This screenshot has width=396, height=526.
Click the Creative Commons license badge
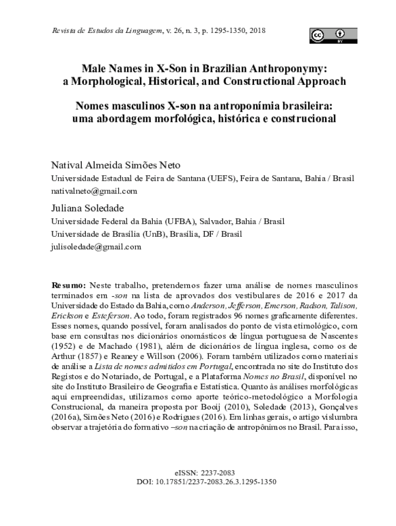(x=333, y=35)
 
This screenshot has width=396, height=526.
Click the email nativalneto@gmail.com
(x=94, y=191)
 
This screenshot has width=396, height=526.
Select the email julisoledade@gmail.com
(x=96, y=247)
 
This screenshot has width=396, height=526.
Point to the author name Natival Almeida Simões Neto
(x=116, y=165)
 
